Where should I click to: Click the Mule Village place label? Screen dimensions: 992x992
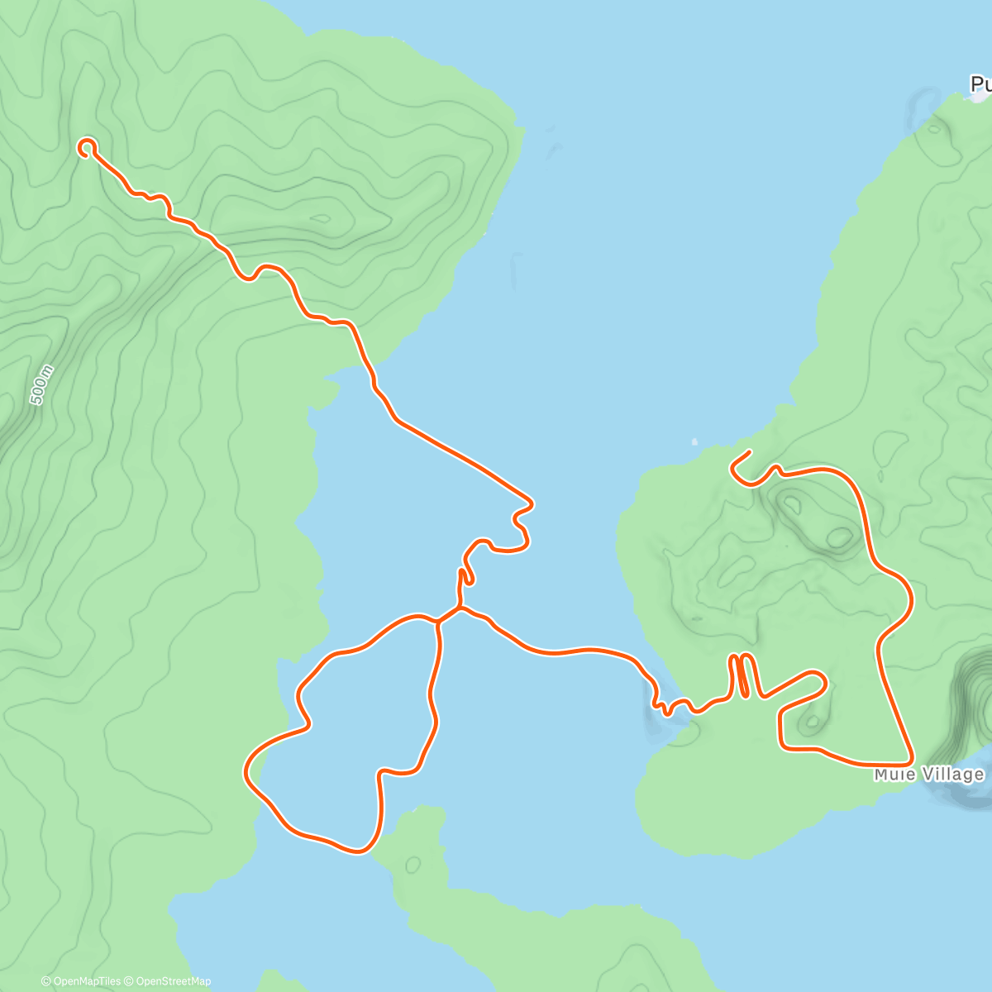(x=929, y=775)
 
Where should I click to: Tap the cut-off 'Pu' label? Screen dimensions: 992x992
(x=980, y=83)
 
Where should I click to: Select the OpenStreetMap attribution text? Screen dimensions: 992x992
(x=172, y=981)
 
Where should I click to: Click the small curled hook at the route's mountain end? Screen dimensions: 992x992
(x=86, y=147)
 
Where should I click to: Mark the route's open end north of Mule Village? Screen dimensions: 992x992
(x=748, y=452)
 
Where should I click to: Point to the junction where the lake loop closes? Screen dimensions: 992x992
(x=438, y=621)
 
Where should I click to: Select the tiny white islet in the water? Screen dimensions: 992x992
(x=694, y=441)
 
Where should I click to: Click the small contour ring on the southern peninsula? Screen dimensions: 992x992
(x=413, y=866)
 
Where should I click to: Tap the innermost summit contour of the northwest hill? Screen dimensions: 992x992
(x=321, y=219)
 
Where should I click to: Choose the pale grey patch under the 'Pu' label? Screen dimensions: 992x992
(x=972, y=97)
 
